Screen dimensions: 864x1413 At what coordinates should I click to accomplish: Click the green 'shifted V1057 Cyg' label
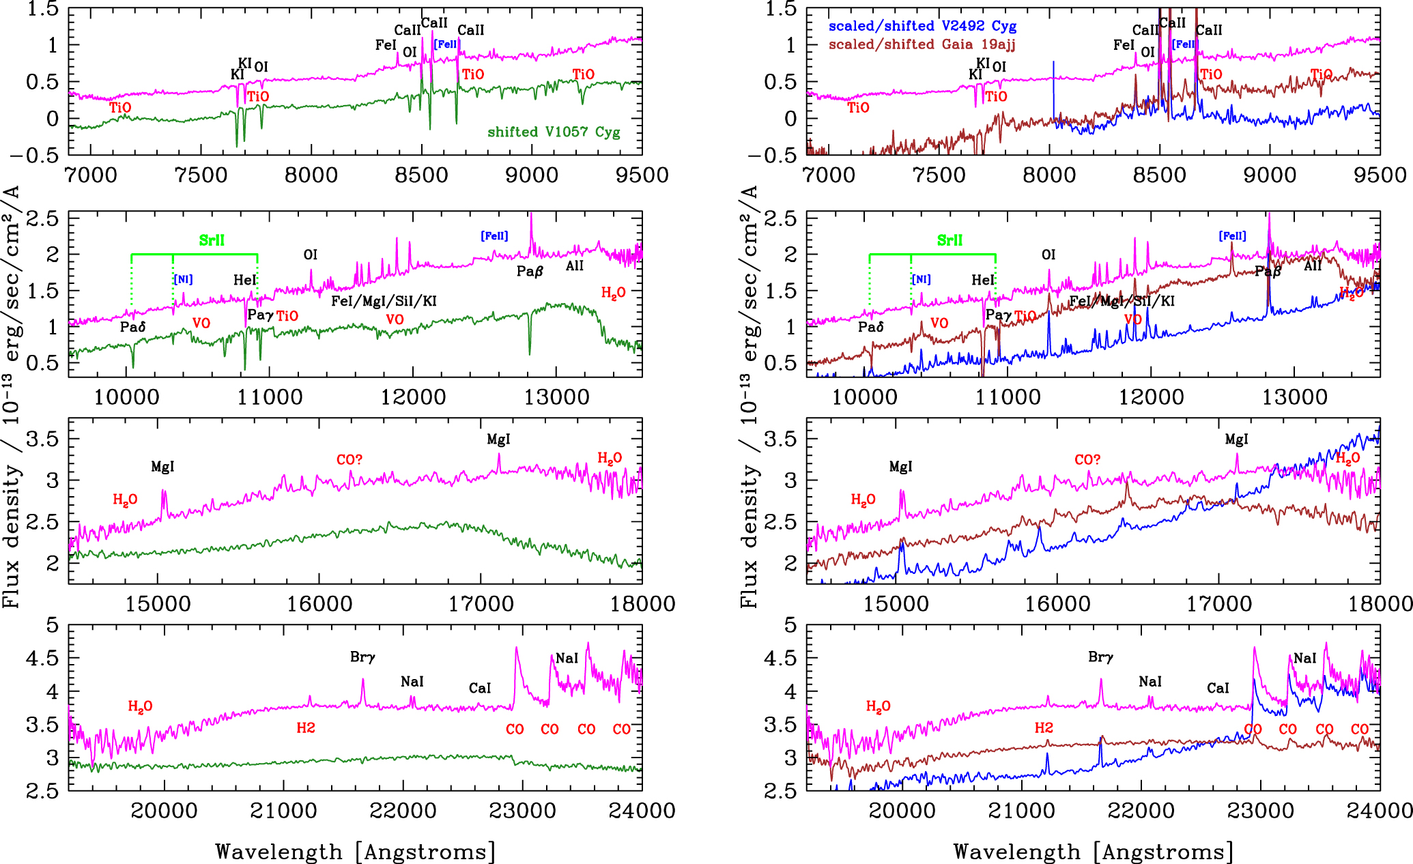(554, 132)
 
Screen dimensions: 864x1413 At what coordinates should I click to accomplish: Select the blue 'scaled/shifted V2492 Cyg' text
(922, 26)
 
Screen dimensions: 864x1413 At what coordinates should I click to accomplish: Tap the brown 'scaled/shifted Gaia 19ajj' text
(922, 44)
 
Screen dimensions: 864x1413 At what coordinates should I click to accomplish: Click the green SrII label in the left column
(212, 240)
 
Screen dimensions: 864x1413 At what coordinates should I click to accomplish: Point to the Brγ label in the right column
(1100, 657)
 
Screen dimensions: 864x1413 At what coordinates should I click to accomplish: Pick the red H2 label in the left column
(306, 728)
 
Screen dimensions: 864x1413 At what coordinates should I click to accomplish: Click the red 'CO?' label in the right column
(1087, 460)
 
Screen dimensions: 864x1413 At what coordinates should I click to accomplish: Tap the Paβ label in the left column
(530, 272)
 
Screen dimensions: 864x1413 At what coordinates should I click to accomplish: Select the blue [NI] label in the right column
(921, 279)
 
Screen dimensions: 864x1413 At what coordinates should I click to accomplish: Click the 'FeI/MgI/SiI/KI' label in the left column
(384, 301)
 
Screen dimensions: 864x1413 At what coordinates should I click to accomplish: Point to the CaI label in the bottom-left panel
(480, 688)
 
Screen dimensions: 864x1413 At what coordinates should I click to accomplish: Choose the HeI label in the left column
(244, 280)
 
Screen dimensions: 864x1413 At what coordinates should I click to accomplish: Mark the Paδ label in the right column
(871, 327)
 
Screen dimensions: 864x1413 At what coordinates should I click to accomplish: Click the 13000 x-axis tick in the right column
(1295, 397)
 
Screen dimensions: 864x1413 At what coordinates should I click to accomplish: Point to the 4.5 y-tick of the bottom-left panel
(44, 659)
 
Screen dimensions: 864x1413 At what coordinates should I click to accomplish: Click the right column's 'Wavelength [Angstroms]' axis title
(1094, 852)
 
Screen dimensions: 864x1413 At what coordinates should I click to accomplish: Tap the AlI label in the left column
(574, 265)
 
